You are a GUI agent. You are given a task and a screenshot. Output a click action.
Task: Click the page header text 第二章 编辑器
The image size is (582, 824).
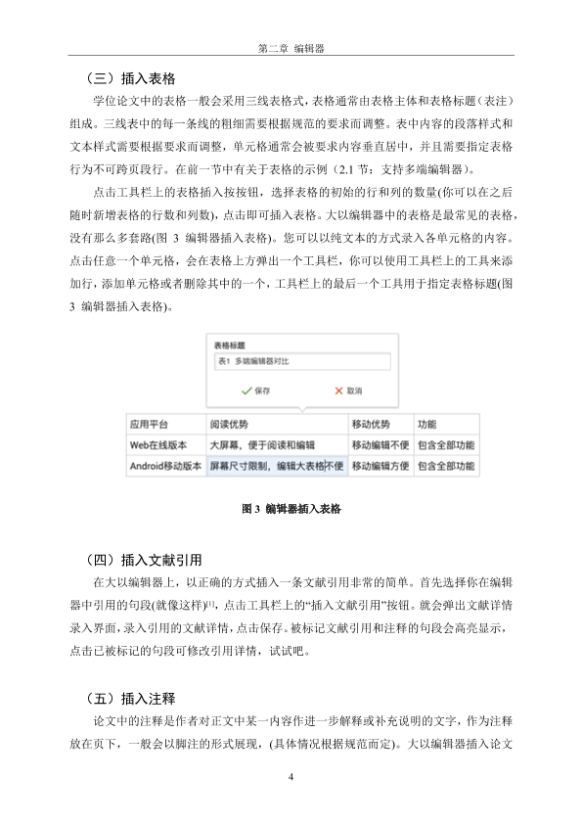click(291, 46)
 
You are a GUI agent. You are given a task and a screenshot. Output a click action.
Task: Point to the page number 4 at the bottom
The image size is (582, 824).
click(291, 777)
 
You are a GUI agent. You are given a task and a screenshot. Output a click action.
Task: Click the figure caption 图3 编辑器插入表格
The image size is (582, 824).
click(291, 509)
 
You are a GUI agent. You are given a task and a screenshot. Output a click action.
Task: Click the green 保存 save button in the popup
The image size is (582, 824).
click(255, 389)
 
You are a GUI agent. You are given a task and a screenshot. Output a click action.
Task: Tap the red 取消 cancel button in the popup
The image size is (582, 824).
click(348, 389)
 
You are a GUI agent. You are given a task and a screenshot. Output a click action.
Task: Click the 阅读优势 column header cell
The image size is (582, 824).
click(229, 425)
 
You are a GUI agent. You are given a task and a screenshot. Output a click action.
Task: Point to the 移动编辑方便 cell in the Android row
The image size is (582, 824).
click(380, 467)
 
